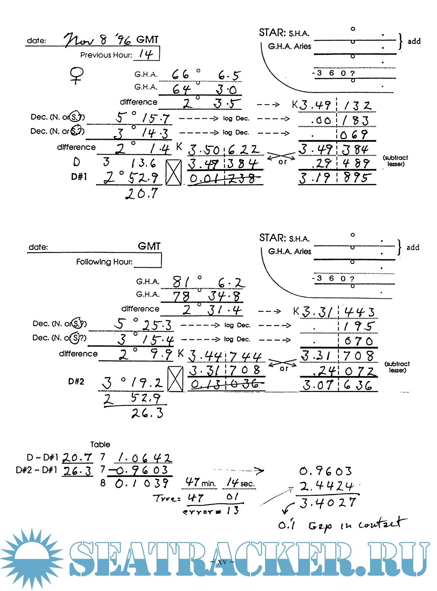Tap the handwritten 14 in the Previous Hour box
click(x=146, y=54)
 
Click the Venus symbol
click(x=77, y=75)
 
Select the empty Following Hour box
click(x=148, y=261)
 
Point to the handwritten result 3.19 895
click(x=337, y=178)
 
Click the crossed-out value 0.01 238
click(x=224, y=179)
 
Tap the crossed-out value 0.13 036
click(x=226, y=384)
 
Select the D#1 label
click(x=79, y=177)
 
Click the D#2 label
click(x=76, y=382)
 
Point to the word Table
click(x=100, y=444)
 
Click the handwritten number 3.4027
click(x=328, y=503)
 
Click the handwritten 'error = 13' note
click(x=211, y=511)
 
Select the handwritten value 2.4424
click(x=327, y=486)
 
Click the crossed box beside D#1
click(x=174, y=172)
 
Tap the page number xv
click(x=222, y=561)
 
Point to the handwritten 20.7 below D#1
click(x=142, y=193)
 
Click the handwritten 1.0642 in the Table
click(x=145, y=457)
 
